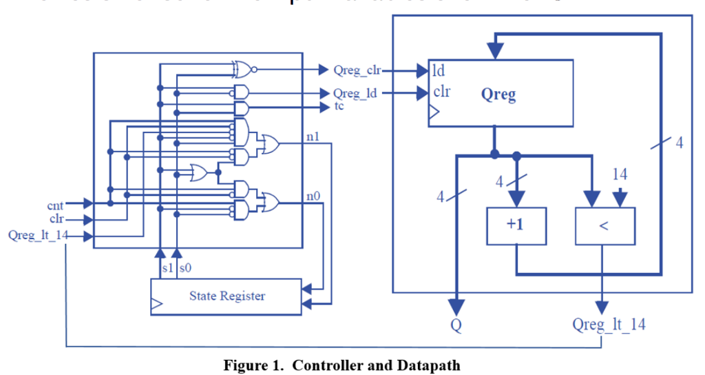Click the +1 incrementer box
coord(516,225)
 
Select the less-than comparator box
coord(604,225)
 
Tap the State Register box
coord(227,296)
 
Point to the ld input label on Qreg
coord(439,70)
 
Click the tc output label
coord(339,106)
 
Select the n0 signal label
coord(313,196)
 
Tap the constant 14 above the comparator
coord(620,176)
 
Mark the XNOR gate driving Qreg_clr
coord(244,69)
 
